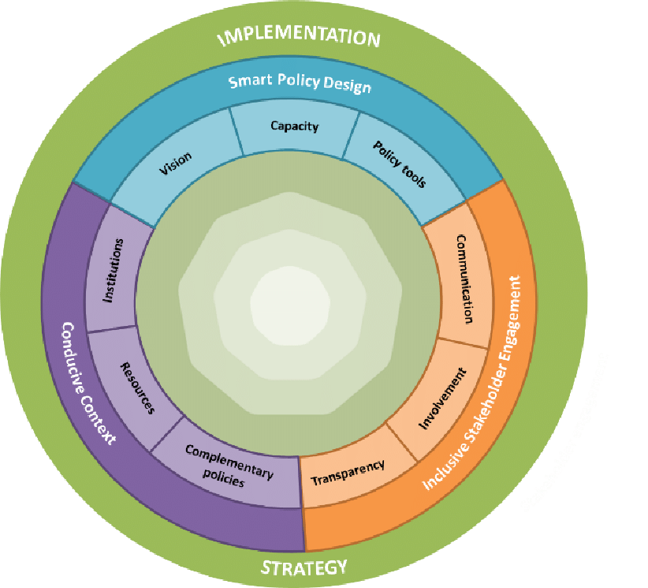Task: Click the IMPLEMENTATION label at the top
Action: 299,37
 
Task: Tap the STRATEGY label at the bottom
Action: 304,567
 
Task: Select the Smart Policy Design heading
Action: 299,83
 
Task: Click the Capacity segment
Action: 294,125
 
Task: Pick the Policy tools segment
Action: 399,164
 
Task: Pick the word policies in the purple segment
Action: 228,478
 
